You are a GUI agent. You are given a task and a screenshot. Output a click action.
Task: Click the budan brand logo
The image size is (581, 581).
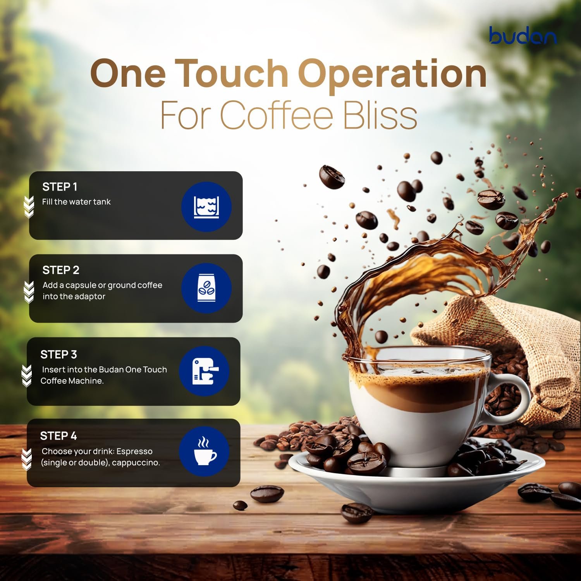(523, 35)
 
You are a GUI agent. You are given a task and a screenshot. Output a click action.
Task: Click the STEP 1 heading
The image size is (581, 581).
(60, 187)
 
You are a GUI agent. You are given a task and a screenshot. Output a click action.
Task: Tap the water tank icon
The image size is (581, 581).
(206, 207)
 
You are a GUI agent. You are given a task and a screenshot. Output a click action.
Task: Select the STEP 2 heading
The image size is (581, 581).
(61, 270)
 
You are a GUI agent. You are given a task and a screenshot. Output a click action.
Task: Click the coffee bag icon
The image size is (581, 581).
(206, 289)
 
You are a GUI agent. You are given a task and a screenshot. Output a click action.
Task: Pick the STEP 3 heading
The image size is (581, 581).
(58, 354)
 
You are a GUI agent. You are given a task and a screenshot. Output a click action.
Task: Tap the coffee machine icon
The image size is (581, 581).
(205, 371)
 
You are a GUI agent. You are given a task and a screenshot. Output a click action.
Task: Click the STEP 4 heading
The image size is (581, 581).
(58, 436)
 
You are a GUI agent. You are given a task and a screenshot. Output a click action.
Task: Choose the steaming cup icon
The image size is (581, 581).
(205, 452)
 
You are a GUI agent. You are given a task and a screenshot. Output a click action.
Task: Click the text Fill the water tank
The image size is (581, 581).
(76, 202)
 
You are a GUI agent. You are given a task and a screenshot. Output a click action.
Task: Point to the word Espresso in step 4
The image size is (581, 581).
(134, 452)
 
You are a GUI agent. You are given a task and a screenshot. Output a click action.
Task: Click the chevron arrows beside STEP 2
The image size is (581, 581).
(29, 292)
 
